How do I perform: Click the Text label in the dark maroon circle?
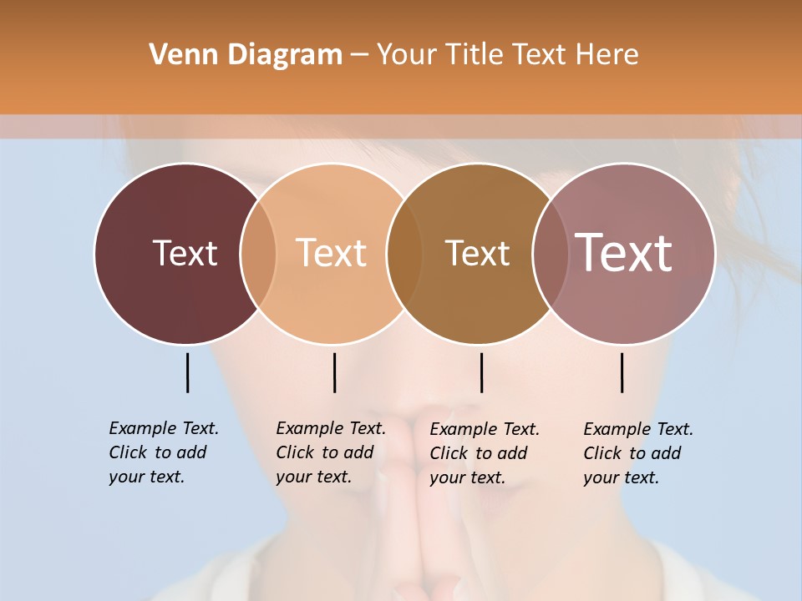(x=185, y=253)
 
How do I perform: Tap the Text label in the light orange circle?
(x=331, y=253)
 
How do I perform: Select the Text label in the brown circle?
(x=477, y=253)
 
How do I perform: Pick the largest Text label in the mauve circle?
(x=623, y=252)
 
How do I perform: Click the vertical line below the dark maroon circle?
(x=187, y=372)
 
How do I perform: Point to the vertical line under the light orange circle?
(x=334, y=372)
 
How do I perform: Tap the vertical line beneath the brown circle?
(x=481, y=372)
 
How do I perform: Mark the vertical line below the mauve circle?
(x=622, y=372)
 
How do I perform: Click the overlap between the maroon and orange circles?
(x=258, y=253)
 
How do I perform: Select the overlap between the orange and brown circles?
(x=404, y=253)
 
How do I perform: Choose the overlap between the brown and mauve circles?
(x=550, y=253)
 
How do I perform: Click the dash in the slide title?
(x=359, y=55)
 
